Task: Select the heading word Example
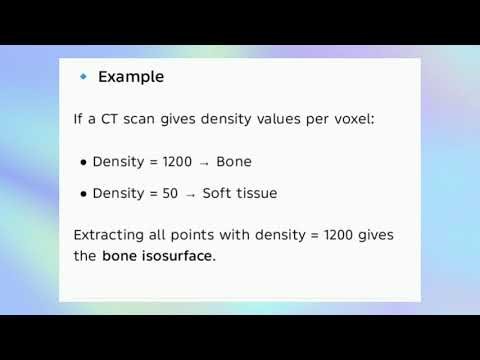[131, 77]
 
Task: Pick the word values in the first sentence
[279, 119]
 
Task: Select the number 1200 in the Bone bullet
[177, 162]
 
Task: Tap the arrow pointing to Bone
[204, 163]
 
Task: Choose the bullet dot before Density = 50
[83, 194]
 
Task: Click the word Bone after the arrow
[234, 162]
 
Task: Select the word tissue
[257, 193]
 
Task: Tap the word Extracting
[112, 236]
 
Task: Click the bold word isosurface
[178, 256]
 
